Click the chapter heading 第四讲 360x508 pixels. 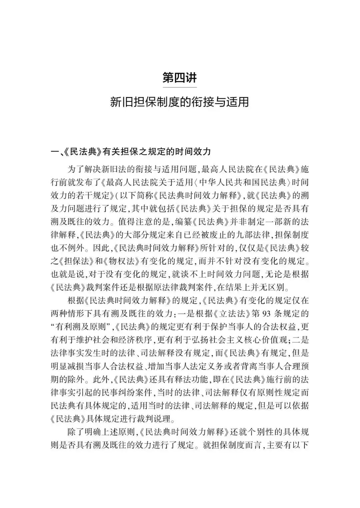(180, 78)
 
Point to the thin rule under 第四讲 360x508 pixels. (180, 87)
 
